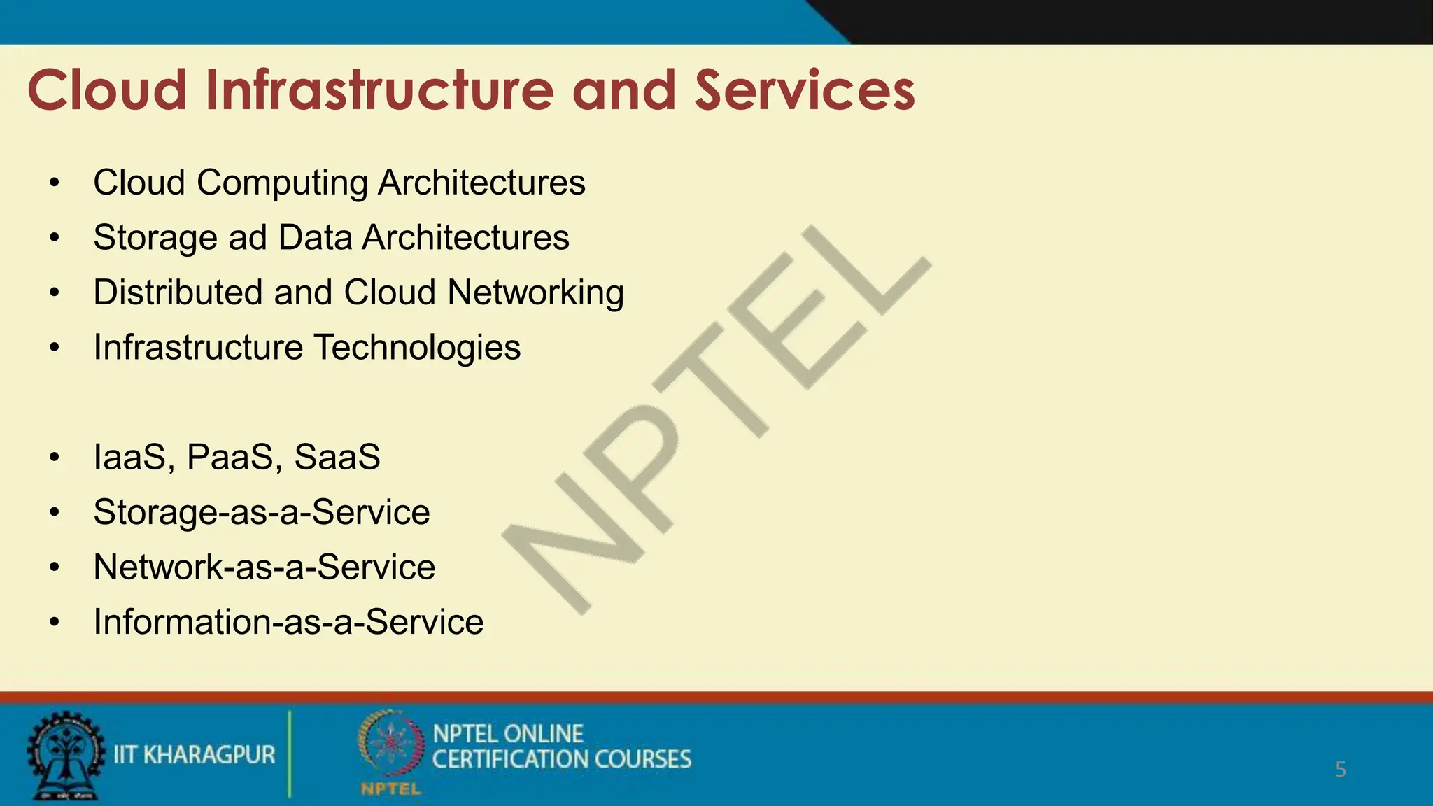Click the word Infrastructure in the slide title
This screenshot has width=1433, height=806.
[x=379, y=90]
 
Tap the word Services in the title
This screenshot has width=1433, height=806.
[x=805, y=90]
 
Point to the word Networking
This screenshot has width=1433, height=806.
[x=535, y=292]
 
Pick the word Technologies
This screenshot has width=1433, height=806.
[x=417, y=347]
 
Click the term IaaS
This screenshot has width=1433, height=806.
[x=132, y=457]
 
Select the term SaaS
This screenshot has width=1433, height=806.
[x=337, y=457]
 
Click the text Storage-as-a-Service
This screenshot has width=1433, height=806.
[x=262, y=512]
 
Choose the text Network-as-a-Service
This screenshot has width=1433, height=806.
[x=264, y=567]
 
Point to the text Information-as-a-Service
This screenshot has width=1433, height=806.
[x=288, y=622]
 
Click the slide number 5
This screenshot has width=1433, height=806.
[x=1340, y=770]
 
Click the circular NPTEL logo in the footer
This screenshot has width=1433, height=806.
[x=390, y=745]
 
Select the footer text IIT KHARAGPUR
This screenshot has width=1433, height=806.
[x=195, y=755]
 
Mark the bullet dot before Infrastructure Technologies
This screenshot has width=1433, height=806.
[x=55, y=347]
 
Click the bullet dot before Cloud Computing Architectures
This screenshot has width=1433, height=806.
[x=55, y=183]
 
